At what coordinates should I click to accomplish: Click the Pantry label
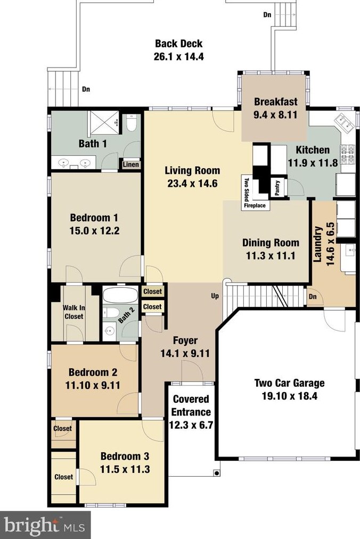(x=277, y=188)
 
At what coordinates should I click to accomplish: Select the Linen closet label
(x=131, y=164)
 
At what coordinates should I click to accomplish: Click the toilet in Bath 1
(x=131, y=123)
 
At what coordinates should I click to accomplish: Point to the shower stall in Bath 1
(x=103, y=123)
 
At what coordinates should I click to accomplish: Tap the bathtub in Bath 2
(x=120, y=295)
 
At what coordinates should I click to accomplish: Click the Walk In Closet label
(x=74, y=312)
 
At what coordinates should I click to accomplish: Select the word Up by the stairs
(x=215, y=296)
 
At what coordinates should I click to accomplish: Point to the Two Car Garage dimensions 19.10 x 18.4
(x=290, y=396)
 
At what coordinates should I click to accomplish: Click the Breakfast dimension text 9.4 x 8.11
(x=275, y=115)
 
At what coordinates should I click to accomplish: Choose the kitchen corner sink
(x=345, y=122)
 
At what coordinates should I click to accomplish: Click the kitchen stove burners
(x=347, y=154)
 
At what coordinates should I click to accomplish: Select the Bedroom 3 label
(x=125, y=456)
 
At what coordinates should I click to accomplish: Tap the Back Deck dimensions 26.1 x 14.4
(x=178, y=56)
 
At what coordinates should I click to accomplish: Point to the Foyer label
(x=185, y=341)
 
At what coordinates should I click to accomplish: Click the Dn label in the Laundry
(x=313, y=296)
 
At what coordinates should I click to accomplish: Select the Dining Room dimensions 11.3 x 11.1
(x=271, y=256)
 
